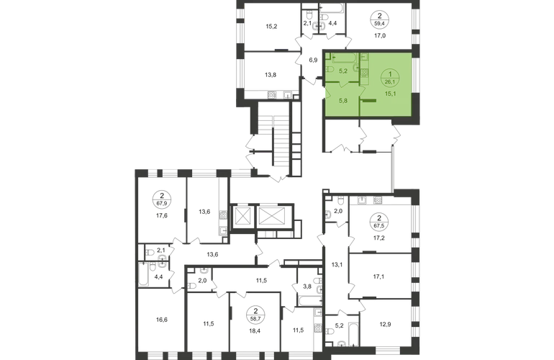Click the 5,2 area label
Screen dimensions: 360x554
[343, 71]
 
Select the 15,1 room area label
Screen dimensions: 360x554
[390, 91]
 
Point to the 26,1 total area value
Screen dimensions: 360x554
[390, 81]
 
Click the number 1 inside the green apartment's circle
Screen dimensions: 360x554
[390, 73]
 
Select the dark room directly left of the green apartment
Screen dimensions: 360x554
[270, 71]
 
